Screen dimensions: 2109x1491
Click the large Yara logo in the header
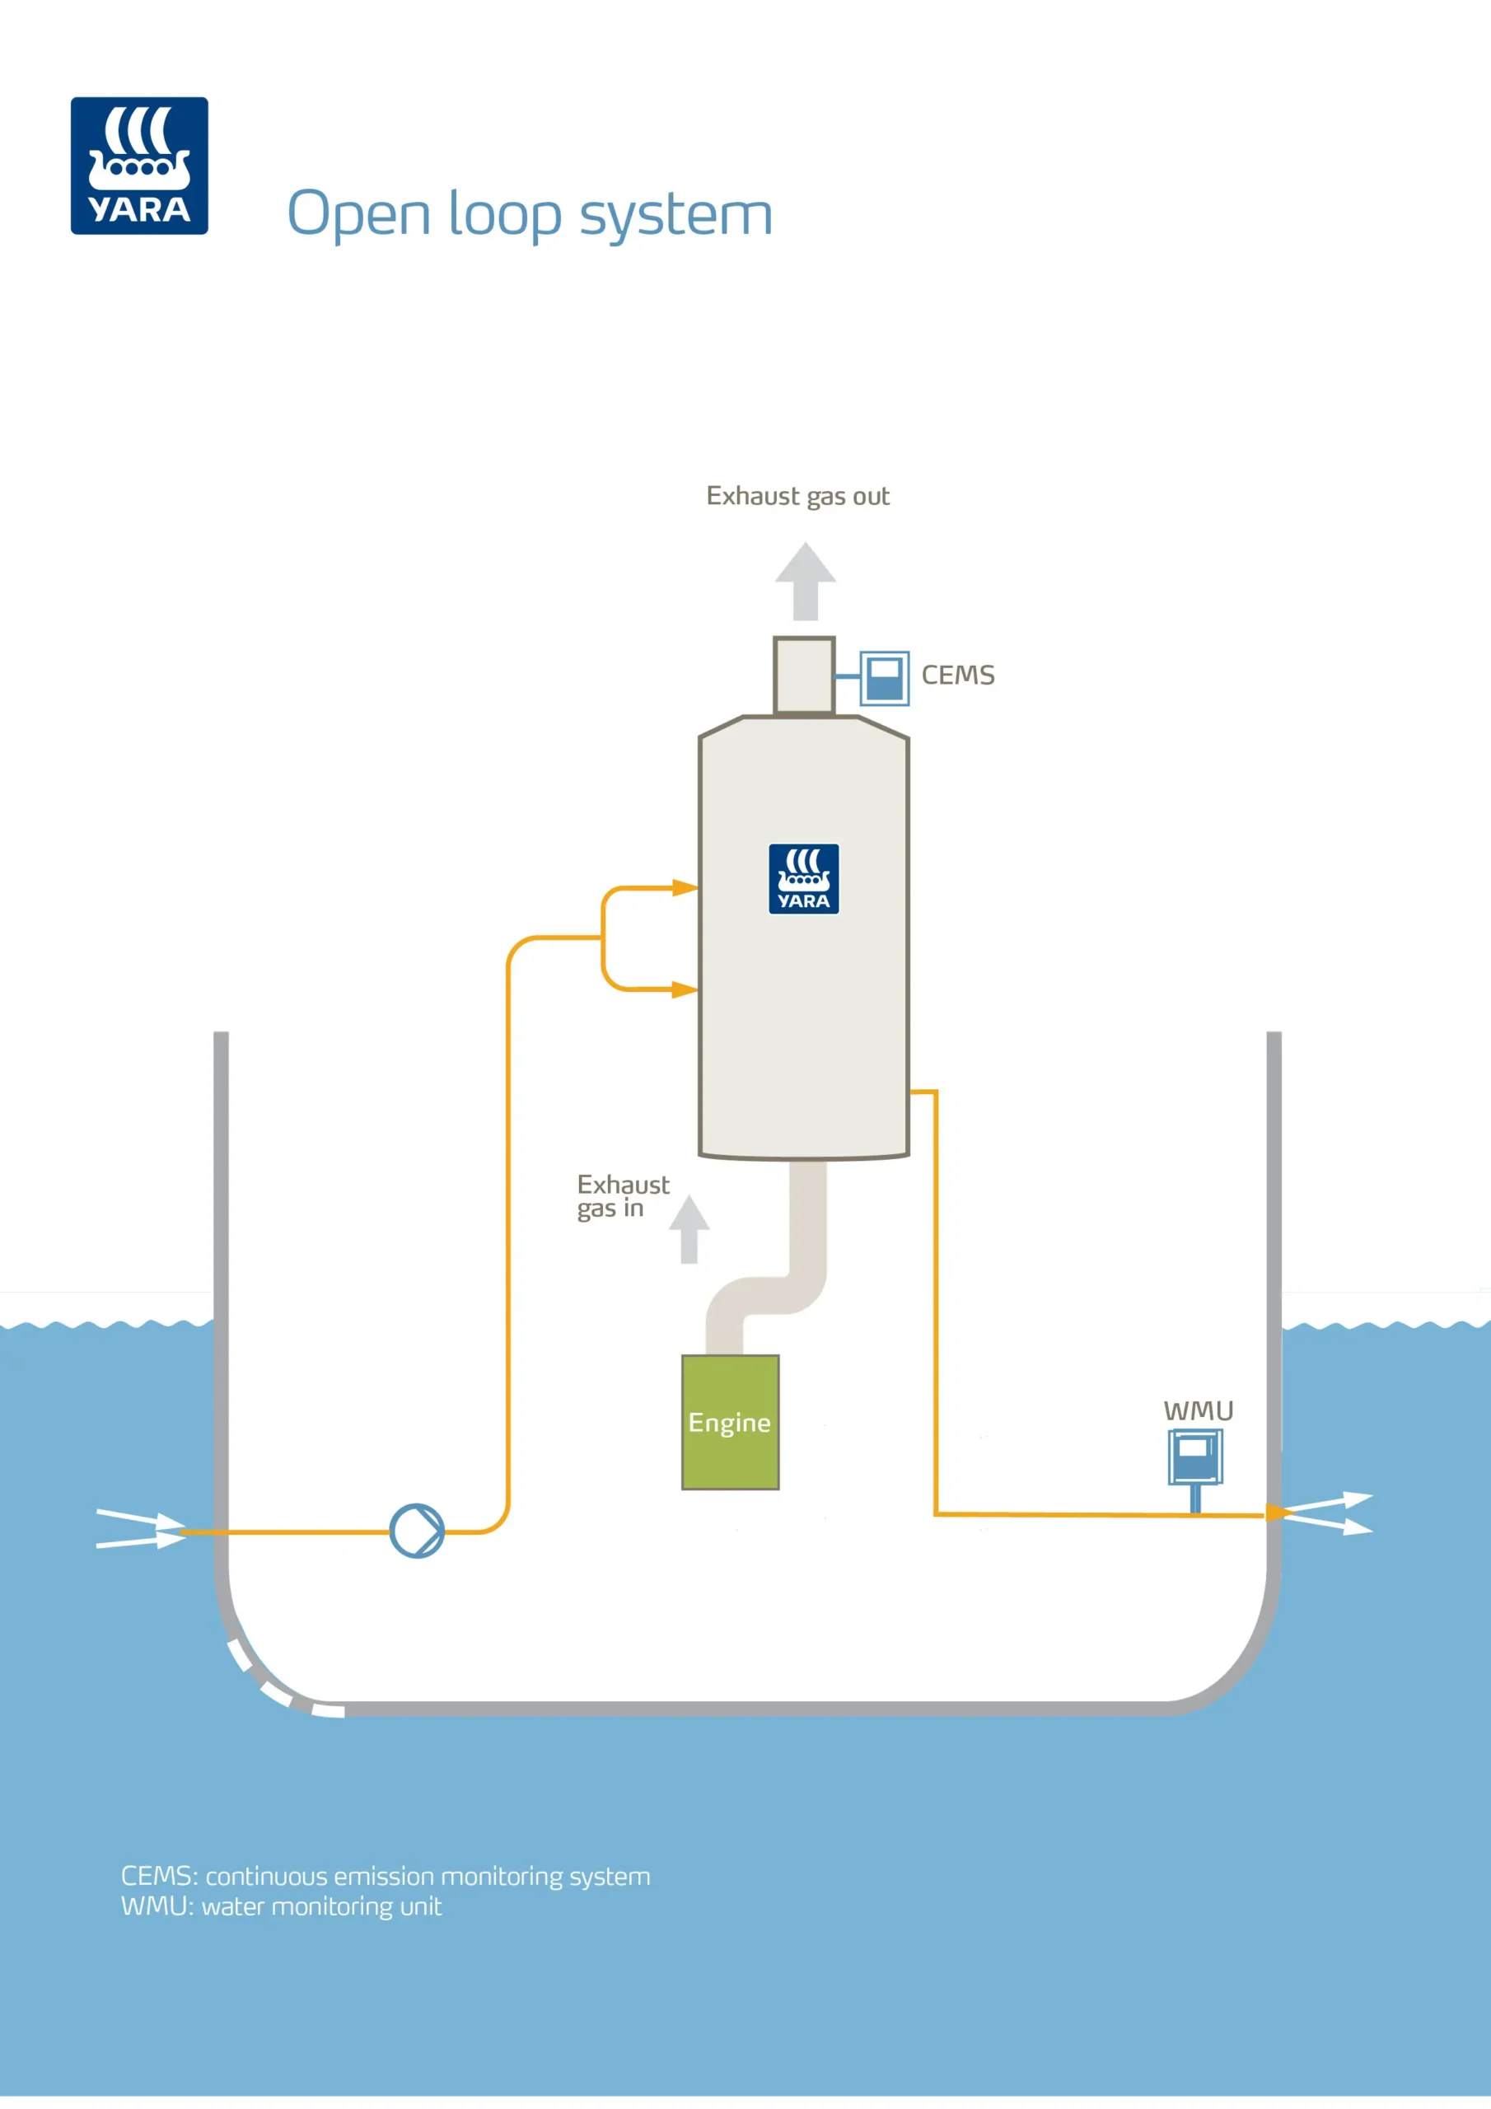coord(140,166)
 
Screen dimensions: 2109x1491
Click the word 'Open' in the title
coord(358,215)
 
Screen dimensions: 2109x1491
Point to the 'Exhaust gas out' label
coord(797,496)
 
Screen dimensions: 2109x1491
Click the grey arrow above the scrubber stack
coord(805,581)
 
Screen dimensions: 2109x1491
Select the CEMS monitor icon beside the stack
coord(884,679)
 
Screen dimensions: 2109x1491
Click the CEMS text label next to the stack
coord(957,676)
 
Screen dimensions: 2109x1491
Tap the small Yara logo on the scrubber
coord(804,878)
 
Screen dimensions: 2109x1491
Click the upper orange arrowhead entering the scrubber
coord(685,887)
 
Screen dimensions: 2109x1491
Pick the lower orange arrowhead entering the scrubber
coord(685,989)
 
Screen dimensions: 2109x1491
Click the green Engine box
coord(731,1422)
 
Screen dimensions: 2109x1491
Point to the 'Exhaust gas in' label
coord(622,1196)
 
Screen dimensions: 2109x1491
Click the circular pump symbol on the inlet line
coord(417,1531)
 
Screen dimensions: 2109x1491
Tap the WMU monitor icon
coord(1194,1457)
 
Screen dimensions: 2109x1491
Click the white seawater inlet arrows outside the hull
coord(141,1528)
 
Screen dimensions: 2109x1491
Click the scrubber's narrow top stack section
coord(804,676)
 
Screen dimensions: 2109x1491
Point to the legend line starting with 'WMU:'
coord(281,1907)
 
